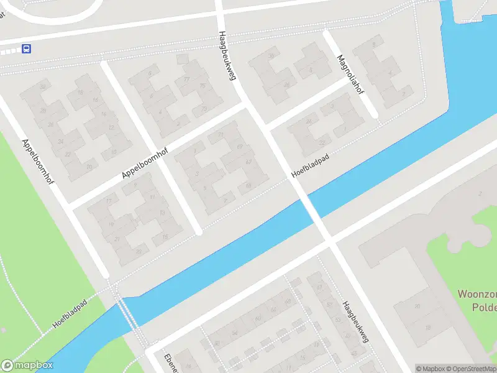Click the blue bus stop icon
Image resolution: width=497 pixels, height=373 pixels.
(x=27, y=48)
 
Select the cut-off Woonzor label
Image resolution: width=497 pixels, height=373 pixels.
(x=477, y=294)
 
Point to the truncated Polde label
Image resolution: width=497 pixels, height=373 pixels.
(x=483, y=308)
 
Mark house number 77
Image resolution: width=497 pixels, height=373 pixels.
(x=186, y=80)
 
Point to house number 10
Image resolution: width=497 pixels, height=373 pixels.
(x=113, y=152)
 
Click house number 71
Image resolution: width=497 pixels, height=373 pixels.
(x=220, y=134)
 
